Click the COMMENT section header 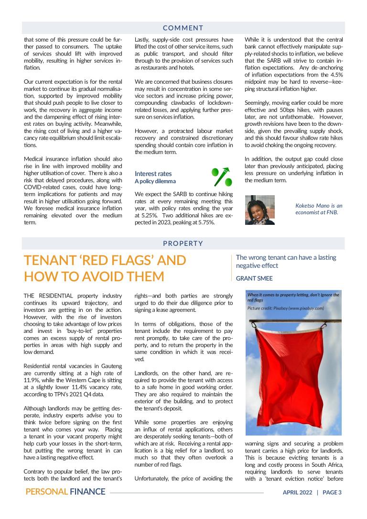coord(183,28)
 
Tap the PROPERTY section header coord(183,243)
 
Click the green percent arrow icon coord(222,177)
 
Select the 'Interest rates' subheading coord(153,174)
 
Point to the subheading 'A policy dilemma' coord(155,181)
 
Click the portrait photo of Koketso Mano coord(259,210)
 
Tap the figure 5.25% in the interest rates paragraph coord(143,216)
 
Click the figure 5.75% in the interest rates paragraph coord(204,222)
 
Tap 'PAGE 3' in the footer coord(332,492)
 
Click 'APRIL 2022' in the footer coord(297,492)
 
